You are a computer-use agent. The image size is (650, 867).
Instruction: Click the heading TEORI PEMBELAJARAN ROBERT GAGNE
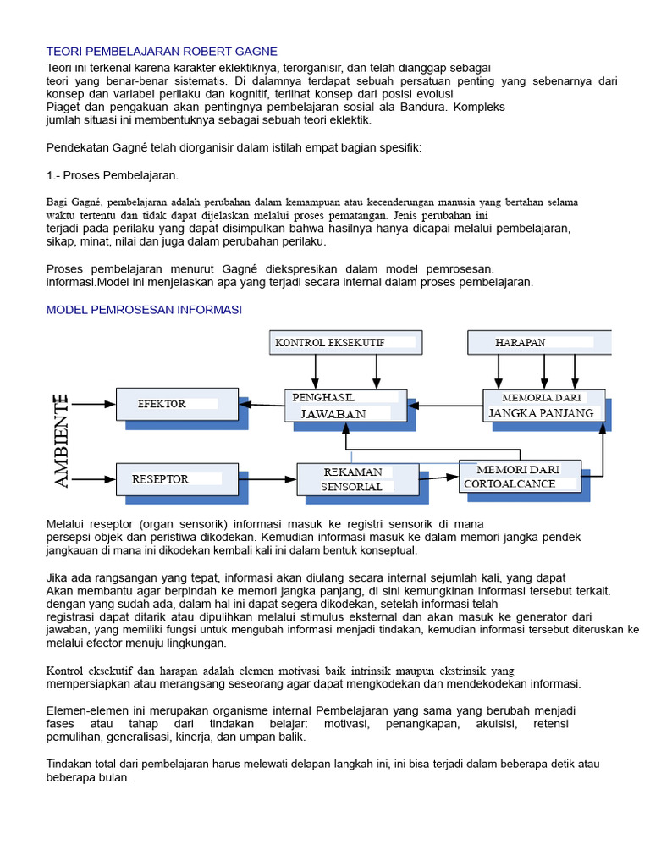(x=162, y=52)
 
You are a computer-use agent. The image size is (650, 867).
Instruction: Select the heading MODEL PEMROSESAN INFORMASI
(x=144, y=310)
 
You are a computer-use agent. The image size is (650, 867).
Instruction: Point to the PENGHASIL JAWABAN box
(x=344, y=406)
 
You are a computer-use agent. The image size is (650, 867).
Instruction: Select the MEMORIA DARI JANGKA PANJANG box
(x=543, y=406)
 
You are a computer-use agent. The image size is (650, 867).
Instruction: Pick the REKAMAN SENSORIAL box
(x=356, y=479)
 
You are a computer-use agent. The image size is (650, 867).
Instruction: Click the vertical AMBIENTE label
(x=62, y=440)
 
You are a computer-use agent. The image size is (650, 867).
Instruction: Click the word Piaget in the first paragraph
(x=64, y=108)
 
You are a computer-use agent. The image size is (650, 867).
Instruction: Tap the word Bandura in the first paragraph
(x=432, y=108)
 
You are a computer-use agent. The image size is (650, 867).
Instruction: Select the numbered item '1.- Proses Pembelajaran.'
(x=112, y=175)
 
